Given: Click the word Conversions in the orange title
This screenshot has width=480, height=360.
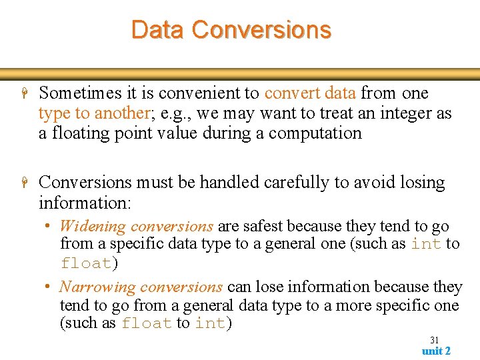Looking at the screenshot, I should click(261, 30).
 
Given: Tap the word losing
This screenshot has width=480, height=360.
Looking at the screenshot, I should click(420, 182).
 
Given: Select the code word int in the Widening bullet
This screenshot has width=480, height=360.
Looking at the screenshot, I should click(425, 244).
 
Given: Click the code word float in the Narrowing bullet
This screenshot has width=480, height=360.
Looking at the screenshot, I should click(146, 324).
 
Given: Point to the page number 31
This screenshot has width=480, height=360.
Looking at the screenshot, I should click(435, 339).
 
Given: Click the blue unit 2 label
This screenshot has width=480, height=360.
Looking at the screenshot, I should click(436, 351).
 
